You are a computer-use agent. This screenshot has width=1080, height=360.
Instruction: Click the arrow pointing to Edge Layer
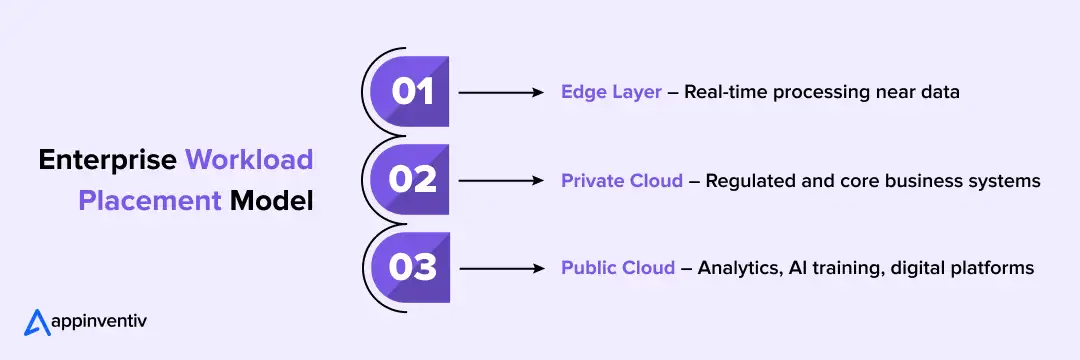coord(500,92)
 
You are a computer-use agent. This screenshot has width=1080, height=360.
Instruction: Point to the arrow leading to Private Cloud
coord(500,180)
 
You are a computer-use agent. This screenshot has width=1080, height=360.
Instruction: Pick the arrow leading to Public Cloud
coord(500,268)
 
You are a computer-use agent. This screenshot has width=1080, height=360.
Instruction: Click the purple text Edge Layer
coord(611,92)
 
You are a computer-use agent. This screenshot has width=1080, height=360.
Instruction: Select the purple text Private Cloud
coord(622,181)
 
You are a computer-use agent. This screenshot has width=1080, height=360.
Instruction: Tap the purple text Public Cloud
coord(616,268)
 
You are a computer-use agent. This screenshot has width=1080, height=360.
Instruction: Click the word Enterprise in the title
coord(108,160)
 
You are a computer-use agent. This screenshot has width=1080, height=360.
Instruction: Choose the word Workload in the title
coord(249,160)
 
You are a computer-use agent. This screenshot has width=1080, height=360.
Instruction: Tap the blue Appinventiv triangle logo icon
coord(37,322)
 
